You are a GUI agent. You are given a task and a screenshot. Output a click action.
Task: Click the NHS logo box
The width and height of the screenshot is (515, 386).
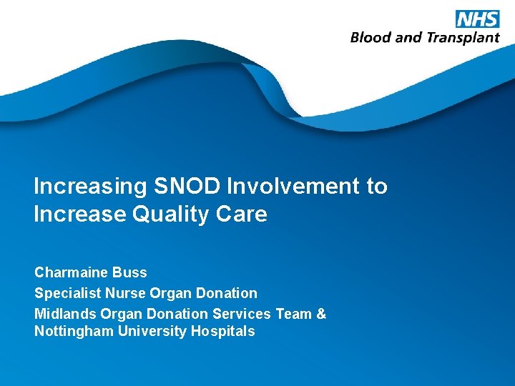[x=477, y=19]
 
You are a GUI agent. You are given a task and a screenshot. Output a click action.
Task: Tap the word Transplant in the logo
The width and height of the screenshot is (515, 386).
[x=463, y=38]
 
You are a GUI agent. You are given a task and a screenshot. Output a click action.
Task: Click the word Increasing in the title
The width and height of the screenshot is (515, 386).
[x=89, y=187]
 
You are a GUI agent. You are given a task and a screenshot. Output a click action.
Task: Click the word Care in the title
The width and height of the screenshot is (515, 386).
[x=244, y=214]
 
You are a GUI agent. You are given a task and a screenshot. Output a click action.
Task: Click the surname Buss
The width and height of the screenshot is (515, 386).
[x=129, y=272]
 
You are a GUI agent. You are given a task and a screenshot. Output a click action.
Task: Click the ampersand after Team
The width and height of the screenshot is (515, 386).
[x=321, y=314]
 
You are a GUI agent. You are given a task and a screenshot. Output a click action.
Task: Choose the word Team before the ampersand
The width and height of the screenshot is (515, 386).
[x=293, y=314]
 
